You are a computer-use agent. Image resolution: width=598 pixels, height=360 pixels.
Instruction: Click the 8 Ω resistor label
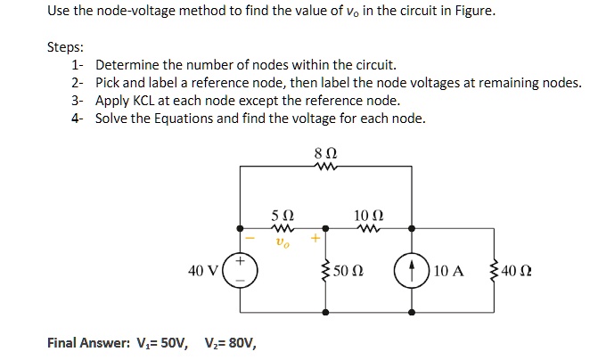322,154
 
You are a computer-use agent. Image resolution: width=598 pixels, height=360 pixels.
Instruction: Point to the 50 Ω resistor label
348,269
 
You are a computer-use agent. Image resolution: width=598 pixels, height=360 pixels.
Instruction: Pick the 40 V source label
202,269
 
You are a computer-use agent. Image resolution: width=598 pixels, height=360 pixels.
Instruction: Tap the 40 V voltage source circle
240,268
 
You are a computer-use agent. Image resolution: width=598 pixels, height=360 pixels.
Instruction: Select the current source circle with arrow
411,268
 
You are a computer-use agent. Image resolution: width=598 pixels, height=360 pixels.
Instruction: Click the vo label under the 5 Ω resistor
281,241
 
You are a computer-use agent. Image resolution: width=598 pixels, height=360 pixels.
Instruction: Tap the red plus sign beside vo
315,239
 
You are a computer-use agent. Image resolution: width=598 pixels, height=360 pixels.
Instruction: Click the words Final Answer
87,342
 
